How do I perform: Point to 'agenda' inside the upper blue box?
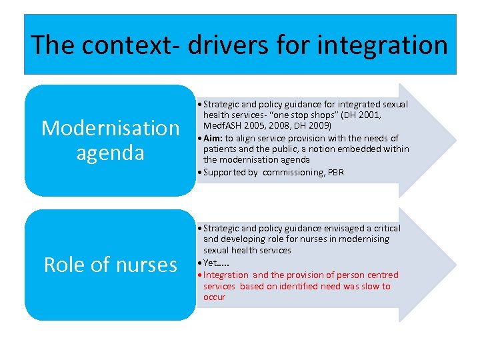(111, 153)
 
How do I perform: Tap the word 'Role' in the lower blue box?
(66, 265)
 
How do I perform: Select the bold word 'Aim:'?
(213, 138)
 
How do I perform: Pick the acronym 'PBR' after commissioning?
(336, 172)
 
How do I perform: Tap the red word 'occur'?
(215, 297)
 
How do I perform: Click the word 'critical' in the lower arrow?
(382, 228)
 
